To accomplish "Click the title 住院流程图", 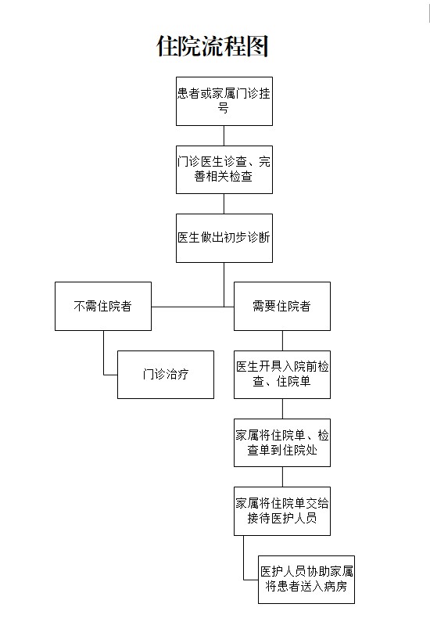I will (x=213, y=46).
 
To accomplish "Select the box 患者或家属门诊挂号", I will (x=224, y=101).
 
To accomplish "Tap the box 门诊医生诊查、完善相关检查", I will (x=224, y=170).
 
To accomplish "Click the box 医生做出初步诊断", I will (x=224, y=238).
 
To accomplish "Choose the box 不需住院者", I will (x=102, y=306).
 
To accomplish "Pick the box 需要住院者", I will (x=281, y=306).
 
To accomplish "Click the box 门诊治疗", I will (x=165, y=374).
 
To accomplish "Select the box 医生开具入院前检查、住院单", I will (x=281, y=374).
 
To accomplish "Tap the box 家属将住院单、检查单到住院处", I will (x=281, y=442).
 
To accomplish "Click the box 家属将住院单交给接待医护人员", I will (x=281, y=510).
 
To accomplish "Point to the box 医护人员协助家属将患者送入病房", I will (x=306, y=579).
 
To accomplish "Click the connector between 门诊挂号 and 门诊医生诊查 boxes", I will (x=224, y=135).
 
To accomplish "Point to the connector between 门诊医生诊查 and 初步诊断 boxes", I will (x=224, y=203).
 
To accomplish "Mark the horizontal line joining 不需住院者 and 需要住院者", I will (x=192, y=306).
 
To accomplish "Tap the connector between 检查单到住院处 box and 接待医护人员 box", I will (x=282, y=476).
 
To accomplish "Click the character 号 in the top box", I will (x=224, y=110).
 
